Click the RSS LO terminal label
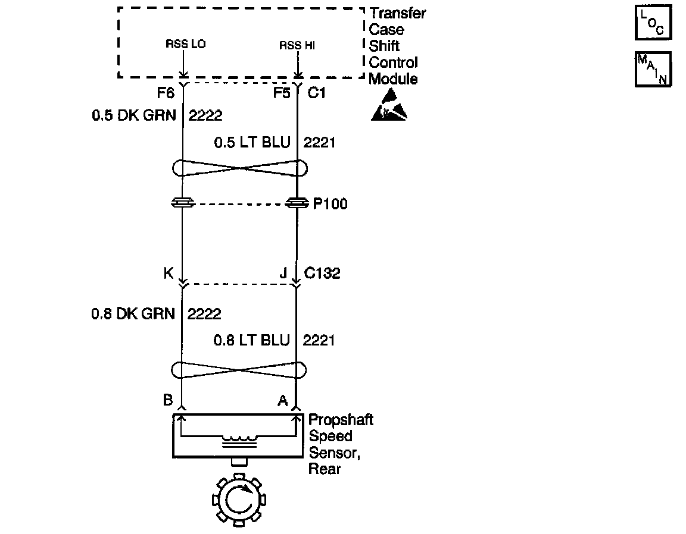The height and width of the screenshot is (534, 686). pos(185,45)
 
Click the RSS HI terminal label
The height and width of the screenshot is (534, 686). pos(296,45)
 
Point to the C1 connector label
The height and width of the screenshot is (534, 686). pos(317,93)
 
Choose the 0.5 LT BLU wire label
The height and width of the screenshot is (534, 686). pos(252,143)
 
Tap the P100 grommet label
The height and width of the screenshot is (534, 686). pos(330,204)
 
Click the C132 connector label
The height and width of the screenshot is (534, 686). pos(322,274)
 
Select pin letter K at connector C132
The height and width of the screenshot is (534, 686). pos(168,274)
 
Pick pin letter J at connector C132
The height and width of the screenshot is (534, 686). pos(283,274)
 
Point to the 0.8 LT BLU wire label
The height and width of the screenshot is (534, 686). pos(251,340)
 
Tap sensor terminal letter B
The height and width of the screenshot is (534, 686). pos(168,400)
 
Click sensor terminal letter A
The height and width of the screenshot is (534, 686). pos(282,401)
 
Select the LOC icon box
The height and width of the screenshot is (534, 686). pos(653,23)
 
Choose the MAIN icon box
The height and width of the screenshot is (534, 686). pos(653,69)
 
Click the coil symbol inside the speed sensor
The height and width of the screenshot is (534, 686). pos(240,441)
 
